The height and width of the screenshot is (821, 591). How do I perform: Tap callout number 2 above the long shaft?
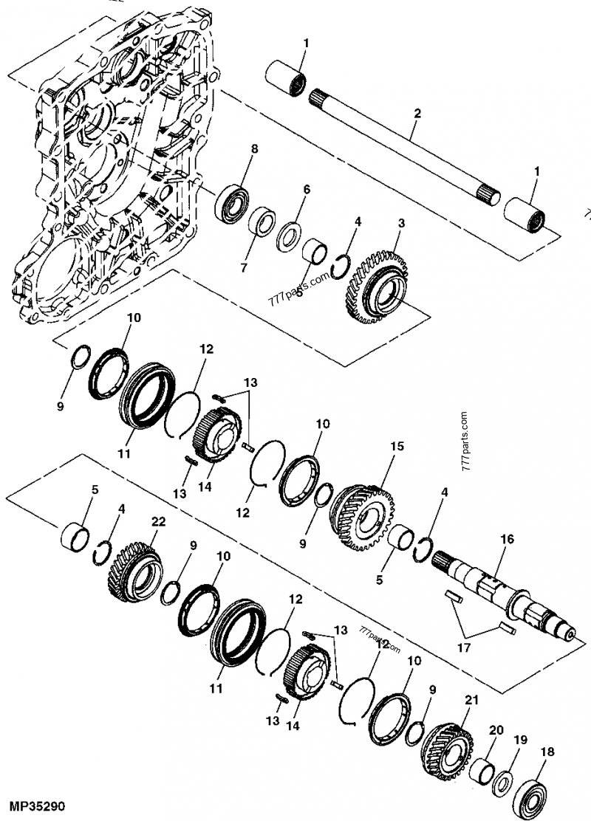point(417,114)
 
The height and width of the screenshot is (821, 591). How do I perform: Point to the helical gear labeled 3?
point(377,284)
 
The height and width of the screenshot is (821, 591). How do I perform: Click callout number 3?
point(401,223)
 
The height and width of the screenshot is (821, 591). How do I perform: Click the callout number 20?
point(496,729)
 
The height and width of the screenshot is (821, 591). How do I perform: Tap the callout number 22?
point(156,521)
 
